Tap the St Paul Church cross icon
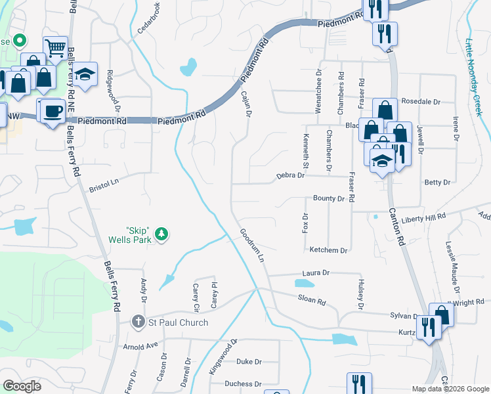pos(138,322)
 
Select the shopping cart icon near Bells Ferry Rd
pos(55,47)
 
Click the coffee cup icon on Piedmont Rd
pos(53,110)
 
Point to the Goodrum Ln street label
pos(251,246)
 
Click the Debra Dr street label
pos(291,175)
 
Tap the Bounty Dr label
pos(329,198)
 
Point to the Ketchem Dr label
pos(328,250)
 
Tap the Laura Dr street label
pos(316,272)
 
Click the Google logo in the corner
pos(22,386)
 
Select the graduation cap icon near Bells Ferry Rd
pos(85,74)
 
